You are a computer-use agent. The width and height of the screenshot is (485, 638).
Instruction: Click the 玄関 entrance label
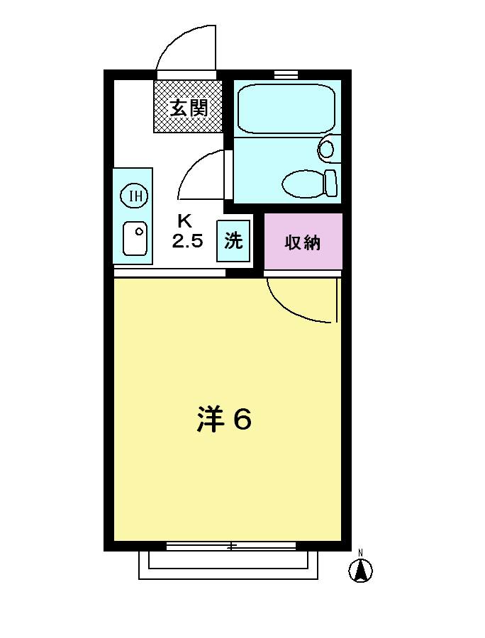(189, 108)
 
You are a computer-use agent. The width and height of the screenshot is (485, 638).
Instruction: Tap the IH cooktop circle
(135, 196)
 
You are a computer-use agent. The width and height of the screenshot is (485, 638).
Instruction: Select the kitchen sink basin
(135, 238)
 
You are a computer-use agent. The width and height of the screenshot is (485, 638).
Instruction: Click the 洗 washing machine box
(233, 241)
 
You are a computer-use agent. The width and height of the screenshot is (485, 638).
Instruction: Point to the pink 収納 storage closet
(303, 241)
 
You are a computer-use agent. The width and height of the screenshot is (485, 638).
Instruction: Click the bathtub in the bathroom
(286, 108)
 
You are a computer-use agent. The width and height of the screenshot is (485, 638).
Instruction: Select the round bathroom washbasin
(326, 150)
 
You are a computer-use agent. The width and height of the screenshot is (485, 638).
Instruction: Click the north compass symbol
(360, 571)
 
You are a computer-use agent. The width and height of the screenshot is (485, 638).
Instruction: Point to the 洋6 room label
(224, 418)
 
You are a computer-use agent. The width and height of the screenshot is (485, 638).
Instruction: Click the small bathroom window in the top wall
(286, 74)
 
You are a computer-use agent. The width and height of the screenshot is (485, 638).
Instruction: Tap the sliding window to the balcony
(231, 546)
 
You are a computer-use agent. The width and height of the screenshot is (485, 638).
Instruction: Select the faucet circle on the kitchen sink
(140, 232)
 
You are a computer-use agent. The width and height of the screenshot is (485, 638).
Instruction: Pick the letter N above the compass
(360, 552)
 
